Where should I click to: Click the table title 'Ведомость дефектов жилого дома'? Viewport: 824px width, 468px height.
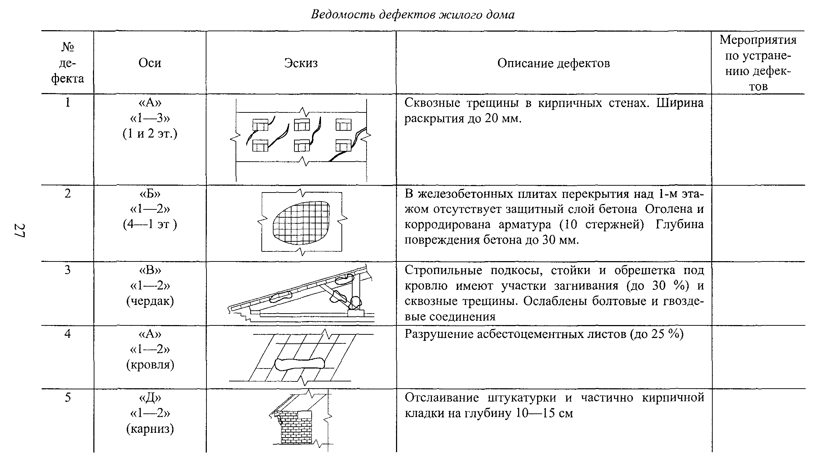coord(412,15)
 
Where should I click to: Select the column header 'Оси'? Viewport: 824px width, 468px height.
coord(150,63)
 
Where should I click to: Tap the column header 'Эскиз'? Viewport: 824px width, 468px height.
coord(301,63)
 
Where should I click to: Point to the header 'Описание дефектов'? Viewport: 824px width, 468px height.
coord(553,63)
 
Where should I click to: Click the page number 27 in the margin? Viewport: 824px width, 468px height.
coord(19,231)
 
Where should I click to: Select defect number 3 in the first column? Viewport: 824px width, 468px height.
coord(67,270)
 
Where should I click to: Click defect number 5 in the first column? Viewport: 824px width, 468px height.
coord(67,398)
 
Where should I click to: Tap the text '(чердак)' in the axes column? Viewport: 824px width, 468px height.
coord(150,301)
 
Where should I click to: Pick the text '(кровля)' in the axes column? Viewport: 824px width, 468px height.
coord(150,365)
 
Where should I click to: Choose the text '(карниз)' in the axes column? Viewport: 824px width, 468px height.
coord(150,429)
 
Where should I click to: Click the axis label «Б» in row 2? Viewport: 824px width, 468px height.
coord(150,194)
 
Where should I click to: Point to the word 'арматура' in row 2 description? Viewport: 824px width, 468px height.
coord(525,225)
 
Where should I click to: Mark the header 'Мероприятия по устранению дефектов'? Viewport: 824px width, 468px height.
coord(758,63)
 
